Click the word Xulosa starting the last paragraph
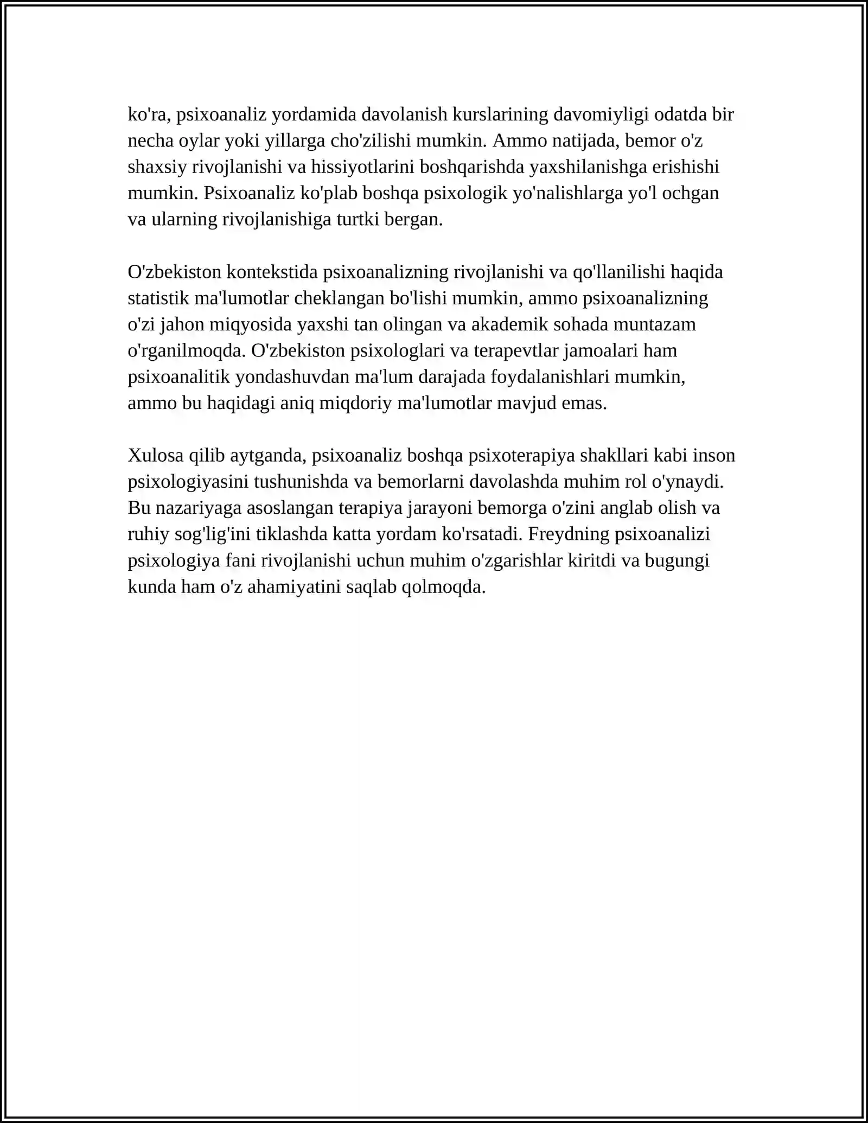(156, 455)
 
